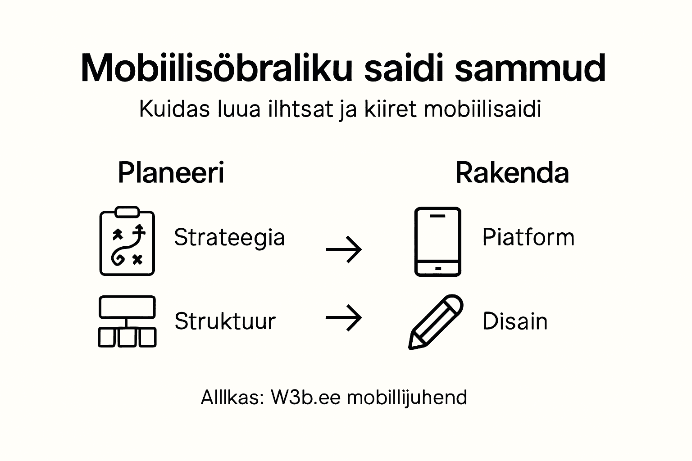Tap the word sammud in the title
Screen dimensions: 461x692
click(530, 69)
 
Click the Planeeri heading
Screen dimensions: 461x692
click(171, 172)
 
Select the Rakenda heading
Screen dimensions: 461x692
click(512, 172)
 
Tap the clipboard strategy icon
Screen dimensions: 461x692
click(127, 241)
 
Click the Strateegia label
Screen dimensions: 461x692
click(229, 237)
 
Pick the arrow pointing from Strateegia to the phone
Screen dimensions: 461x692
click(344, 249)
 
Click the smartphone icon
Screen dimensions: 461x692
click(437, 241)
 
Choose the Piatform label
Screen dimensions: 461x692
click(528, 237)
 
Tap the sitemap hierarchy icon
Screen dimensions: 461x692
click(127, 321)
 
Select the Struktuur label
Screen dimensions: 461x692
click(225, 321)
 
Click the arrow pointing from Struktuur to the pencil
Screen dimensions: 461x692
click(344, 318)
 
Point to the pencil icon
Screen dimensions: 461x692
click(435, 322)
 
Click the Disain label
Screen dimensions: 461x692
click(515, 321)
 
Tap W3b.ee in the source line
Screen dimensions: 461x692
click(306, 398)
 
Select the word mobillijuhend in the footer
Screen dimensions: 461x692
click(407, 398)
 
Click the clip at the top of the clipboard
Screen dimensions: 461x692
click(127, 212)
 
